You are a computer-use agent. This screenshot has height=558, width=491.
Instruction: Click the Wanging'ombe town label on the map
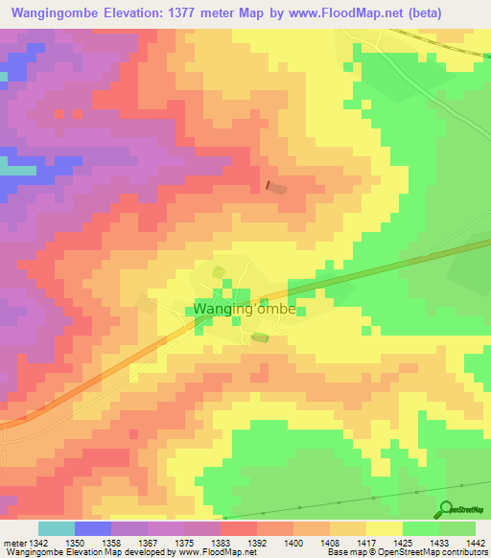point(245,310)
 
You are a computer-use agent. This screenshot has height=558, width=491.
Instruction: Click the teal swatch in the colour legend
point(56,528)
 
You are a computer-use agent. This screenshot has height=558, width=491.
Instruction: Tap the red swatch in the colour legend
point(238,528)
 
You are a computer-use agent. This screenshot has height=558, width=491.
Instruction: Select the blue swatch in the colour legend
point(92,528)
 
